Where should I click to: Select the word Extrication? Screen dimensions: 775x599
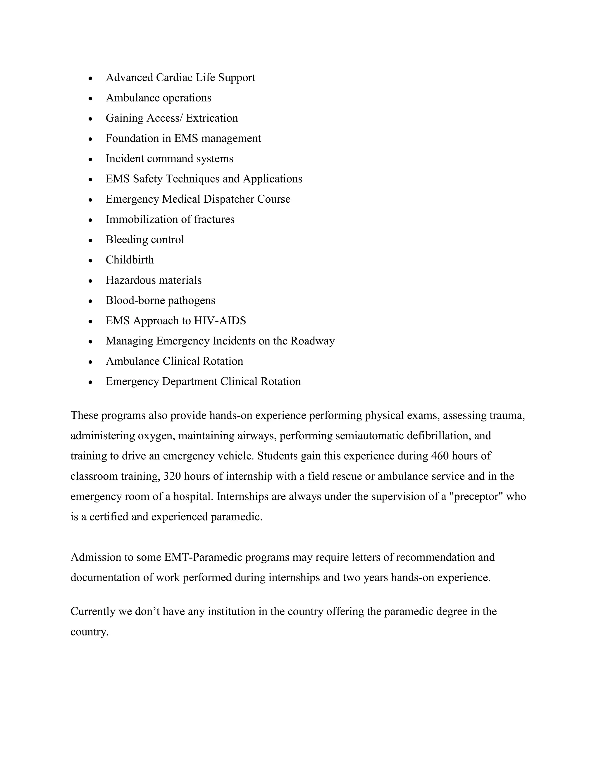(212, 118)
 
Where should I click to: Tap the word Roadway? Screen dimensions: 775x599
(313, 341)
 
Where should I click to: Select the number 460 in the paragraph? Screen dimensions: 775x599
(440, 456)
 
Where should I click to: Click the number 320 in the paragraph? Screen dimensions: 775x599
(172, 476)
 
